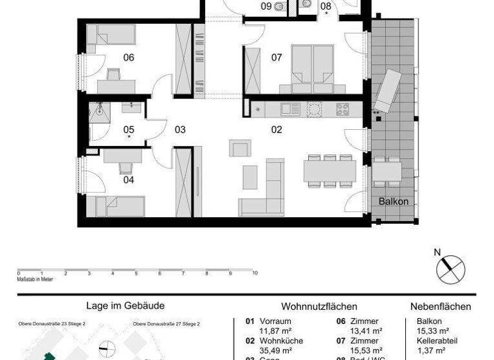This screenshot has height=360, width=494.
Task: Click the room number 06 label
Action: coord(129,58)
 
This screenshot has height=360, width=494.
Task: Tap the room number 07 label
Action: coord(277,58)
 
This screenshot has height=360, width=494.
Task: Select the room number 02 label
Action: coord(277,130)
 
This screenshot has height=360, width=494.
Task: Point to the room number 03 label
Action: coord(180,130)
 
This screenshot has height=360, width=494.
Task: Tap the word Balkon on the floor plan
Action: coord(393,201)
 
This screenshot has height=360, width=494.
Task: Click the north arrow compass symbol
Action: coord(450,267)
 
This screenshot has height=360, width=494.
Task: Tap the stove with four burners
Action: coord(342,109)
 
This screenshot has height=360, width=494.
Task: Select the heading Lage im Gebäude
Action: coord(125,307)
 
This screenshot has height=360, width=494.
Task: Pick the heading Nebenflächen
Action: coord(441,307)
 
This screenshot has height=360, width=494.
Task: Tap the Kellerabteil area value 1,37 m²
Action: coord(421,351)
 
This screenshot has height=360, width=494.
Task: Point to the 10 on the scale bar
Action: coord(255,273)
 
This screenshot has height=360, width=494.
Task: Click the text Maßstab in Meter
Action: coord(35,280)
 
